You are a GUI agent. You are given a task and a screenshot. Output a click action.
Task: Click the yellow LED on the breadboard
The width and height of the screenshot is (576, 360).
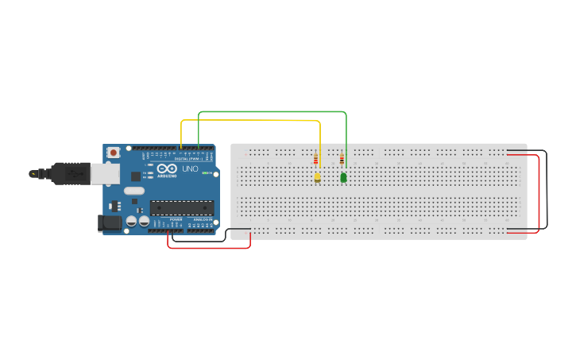(x=317, y=177)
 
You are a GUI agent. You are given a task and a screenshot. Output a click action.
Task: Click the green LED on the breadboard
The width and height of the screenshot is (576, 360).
(x=343, y=177)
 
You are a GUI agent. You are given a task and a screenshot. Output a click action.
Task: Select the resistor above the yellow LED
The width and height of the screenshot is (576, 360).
(x=315, y=159)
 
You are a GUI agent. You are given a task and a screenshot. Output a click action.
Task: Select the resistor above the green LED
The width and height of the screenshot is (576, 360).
(x=342, y=158)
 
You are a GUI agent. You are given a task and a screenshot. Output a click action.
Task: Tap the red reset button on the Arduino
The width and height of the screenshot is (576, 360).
(x=114, y=152)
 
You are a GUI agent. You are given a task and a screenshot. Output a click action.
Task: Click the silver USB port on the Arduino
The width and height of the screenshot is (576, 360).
(x=105, y=173)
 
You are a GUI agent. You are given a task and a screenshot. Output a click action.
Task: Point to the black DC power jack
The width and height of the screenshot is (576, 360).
(x=109, y=223)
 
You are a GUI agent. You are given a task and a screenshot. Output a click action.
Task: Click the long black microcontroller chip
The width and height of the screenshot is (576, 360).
(x=182, y=208)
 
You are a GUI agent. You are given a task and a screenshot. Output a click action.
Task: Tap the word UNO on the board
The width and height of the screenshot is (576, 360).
(x=191, y=168)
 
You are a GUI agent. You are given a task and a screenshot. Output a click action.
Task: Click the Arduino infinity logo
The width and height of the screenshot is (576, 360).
(x=167, y=168)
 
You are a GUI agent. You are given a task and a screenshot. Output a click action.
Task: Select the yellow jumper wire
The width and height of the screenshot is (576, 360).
(x=250, y=121)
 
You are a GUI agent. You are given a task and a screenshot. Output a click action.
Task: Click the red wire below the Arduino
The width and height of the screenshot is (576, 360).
(x=208, y=247)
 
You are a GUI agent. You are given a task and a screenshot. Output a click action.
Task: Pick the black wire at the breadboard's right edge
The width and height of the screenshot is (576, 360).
(x=547, y=191)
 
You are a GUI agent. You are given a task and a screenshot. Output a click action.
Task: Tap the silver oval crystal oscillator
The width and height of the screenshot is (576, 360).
(x=133, y=191)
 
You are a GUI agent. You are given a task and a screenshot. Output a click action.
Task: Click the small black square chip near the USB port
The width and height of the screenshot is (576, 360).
(x=135, y=176)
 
